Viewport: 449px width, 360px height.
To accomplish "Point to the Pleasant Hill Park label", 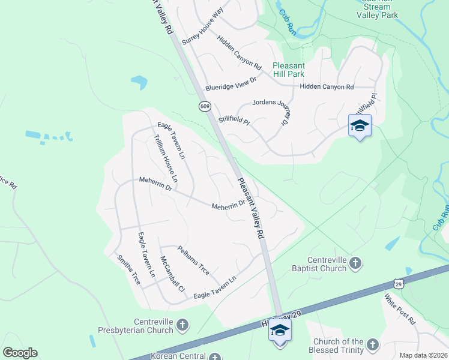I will pyautogui.click(x=289, y=70).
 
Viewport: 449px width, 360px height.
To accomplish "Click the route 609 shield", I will pyautogui.click(x=205, y=106).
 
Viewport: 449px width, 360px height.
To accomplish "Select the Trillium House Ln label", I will pyautogui.click(x=166, y=158).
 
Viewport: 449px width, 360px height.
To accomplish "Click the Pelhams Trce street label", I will pyautogui.click(x=193, y=260).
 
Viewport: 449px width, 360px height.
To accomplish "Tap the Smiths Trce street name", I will pyautogui.click(x=128, y=270).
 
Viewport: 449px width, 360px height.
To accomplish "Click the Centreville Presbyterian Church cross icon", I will pyautogui.click(x=182, y=326).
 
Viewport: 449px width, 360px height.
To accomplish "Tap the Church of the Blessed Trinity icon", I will pyautogui.click(x=372, y=344).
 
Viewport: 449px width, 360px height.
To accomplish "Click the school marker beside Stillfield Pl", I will pyautogui.click(x=360, y=125).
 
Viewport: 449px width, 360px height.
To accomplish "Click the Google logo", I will pyautogui.click(x=20, y=353).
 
